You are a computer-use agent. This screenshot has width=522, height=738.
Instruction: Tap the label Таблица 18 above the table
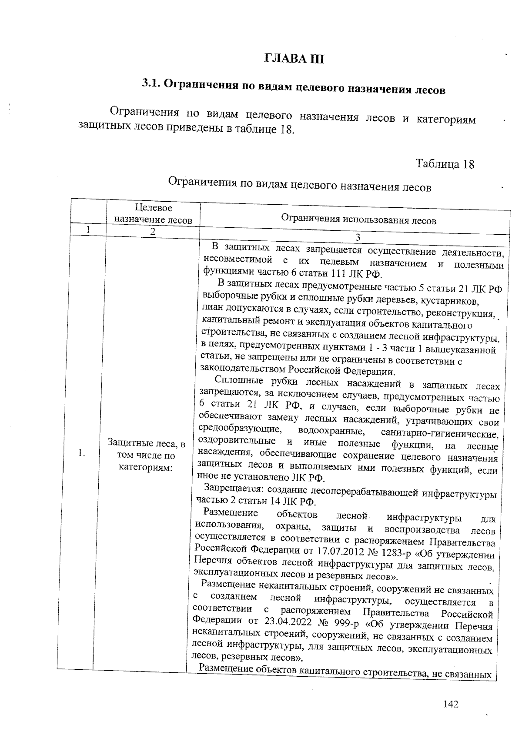pos(445,164)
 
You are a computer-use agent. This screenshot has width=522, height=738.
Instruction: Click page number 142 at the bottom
pos(451,704)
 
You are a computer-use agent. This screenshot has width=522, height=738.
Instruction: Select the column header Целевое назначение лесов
pos(153,214)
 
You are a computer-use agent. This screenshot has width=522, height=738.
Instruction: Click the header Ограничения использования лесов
pos(358,220)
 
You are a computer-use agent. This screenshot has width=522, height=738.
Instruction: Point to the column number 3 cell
pos(358,237)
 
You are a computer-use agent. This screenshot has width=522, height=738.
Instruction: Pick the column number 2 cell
pos(153,232)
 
